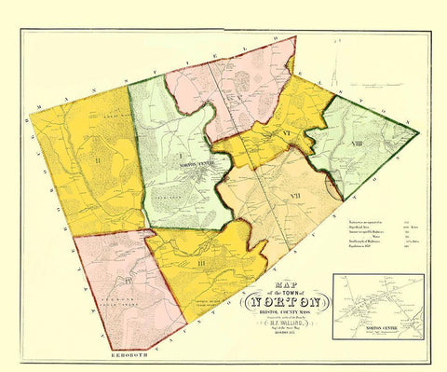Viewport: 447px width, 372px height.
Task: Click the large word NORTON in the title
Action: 286,300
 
